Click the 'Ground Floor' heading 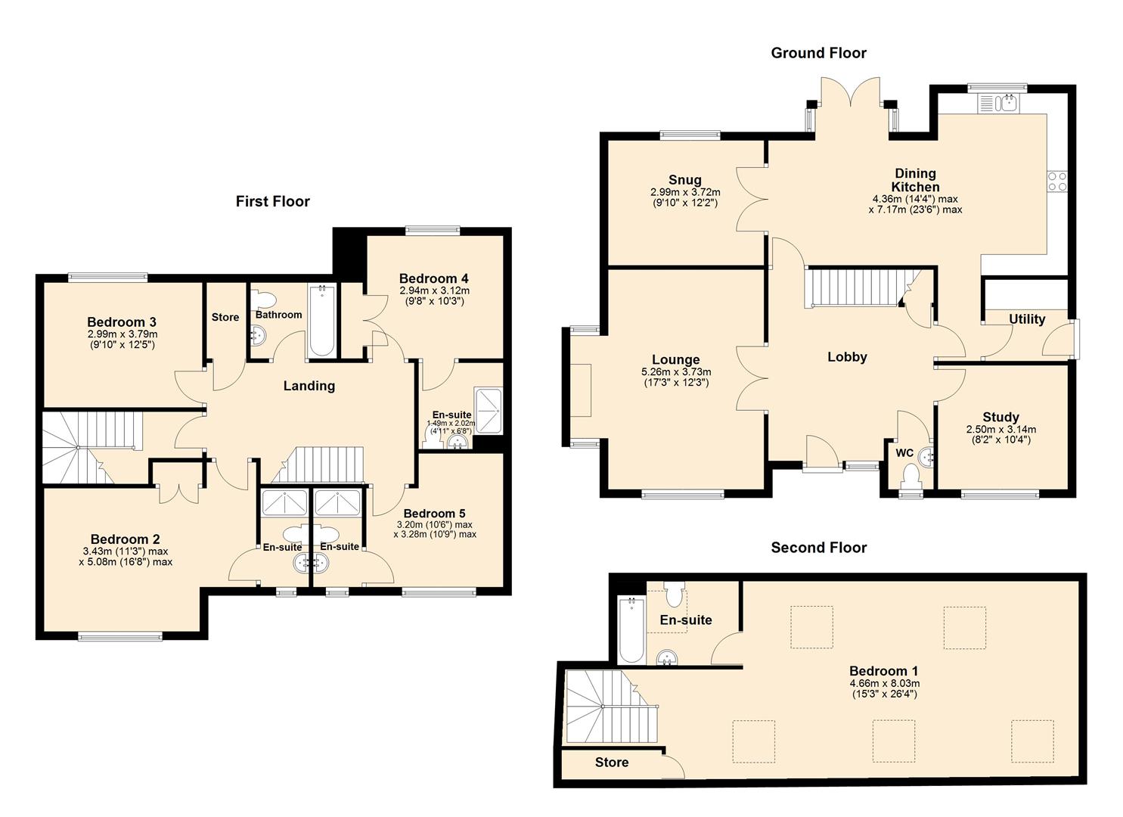coord(818,53)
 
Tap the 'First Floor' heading coord(272,201)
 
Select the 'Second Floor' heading coord(818,548)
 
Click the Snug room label coord(684,180)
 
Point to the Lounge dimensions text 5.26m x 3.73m coord(675,372)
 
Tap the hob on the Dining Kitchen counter coord(1056,182)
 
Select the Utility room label coord(1026,319)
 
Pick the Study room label coord(1000,417)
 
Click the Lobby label coord(846,357)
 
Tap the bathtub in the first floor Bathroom coord(321,320)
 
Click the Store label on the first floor coord(225,317)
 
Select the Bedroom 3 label coord(121,322)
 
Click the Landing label coord(309,386)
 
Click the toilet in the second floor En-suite coord(673,594)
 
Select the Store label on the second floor coord(611,763)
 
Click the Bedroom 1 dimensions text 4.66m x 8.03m coord(883,683)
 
